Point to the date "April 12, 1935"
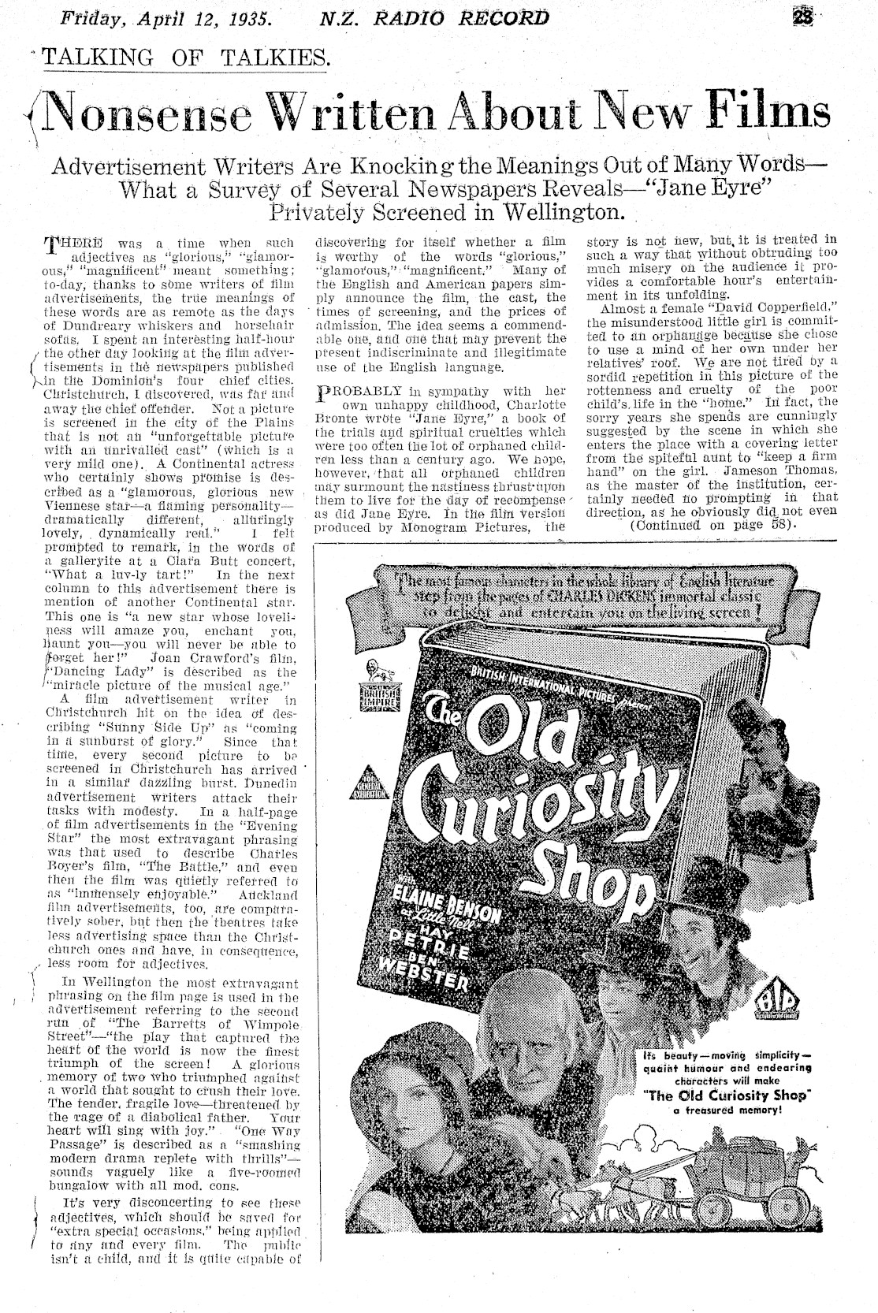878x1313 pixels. [196, 17]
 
